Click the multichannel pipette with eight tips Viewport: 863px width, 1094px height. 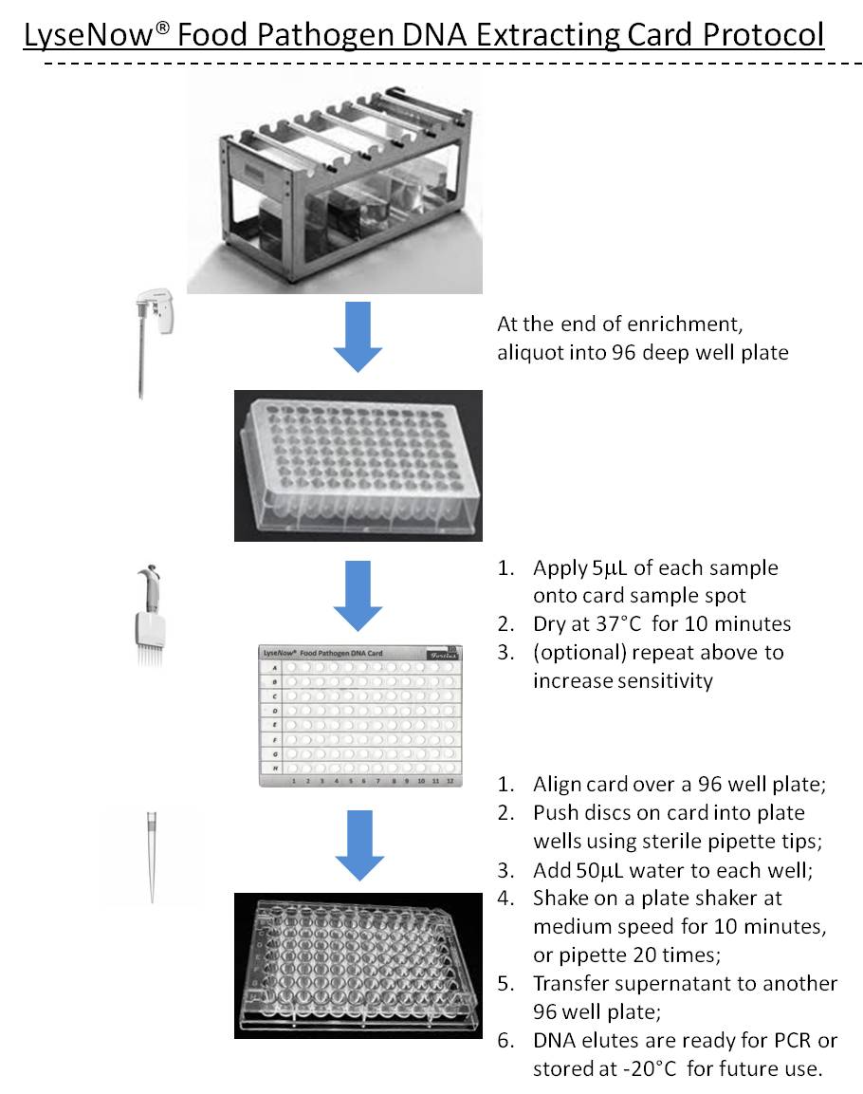click(x=152, y=617)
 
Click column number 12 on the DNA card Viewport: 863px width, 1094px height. click(x=450, y=780)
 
